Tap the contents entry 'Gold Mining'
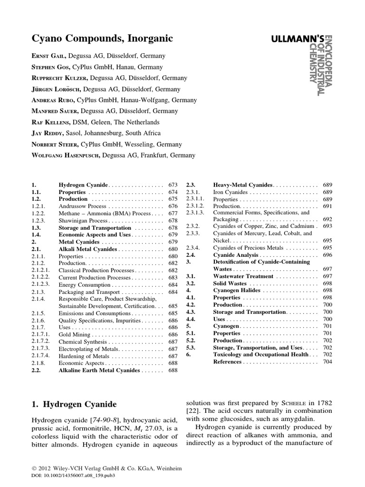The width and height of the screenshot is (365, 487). (x=76, y=335)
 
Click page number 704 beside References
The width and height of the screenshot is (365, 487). (x=327, y=362)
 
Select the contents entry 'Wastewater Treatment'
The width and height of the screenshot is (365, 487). (x=243, y=276)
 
